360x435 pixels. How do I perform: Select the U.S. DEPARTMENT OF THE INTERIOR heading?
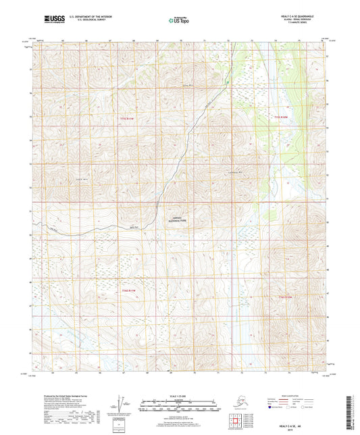94,14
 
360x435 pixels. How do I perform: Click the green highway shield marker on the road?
228,84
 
